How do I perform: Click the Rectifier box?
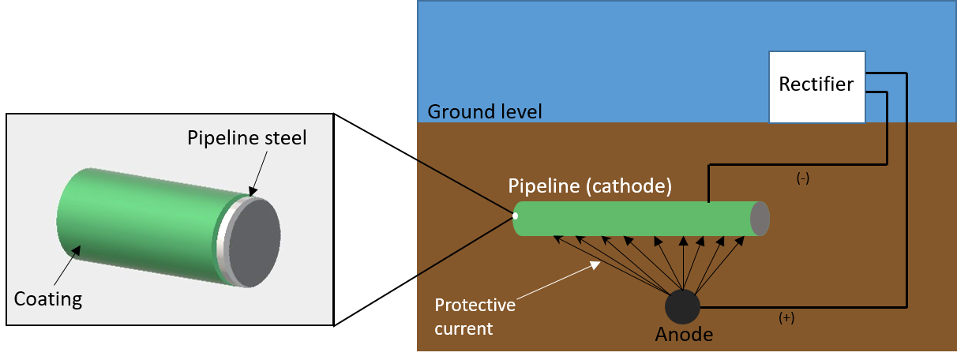point(816,87)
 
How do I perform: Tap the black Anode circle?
point(682,306)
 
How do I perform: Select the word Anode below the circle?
point(684,335)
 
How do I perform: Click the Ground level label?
point(484,111)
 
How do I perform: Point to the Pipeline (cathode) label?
point(590,188)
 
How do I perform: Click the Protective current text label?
point(475,316)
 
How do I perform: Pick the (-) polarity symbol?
point(803,178)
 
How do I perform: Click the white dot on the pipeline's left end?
point(515,215)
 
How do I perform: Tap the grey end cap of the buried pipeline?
point(760,219)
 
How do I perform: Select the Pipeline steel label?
point(246,137)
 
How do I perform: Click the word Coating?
point(48,299)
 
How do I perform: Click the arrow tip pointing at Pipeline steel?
point(252,192)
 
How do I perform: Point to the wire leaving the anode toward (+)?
point(797,307)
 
